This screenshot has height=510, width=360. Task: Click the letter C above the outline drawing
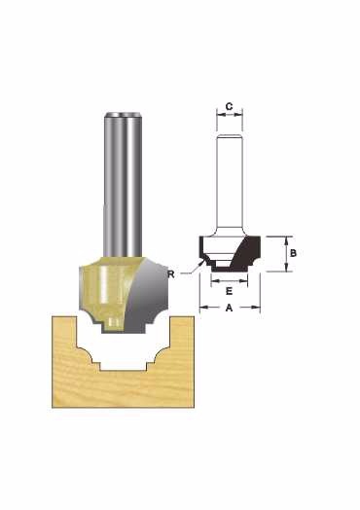point(229,106)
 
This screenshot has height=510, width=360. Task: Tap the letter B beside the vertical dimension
point(293,253)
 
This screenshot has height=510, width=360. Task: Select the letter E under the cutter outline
point(230,291)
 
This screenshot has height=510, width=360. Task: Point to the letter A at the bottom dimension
point(230,308)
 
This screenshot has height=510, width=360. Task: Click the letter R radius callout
point(171,274)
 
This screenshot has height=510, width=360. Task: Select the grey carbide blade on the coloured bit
point(146,293)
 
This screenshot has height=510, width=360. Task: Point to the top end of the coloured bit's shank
point(123,114)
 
